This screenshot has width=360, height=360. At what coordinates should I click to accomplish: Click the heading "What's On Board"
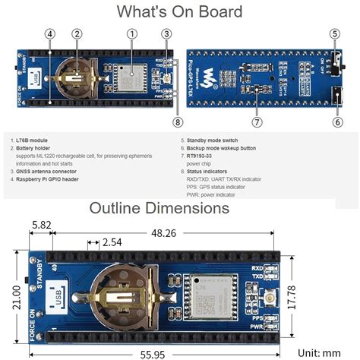[x=179, y=11]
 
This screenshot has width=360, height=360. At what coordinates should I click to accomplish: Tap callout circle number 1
[x=132, y=33]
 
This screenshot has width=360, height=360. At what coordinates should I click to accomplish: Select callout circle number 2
[x=77, y=33]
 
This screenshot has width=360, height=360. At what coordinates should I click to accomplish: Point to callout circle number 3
[x=166, y=33]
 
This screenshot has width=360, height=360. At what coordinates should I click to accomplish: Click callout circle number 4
[x=49, y=33]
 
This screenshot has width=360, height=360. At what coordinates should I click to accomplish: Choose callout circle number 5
[x=335, y=33]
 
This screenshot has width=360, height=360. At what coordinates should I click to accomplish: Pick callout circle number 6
[x=335, y=121]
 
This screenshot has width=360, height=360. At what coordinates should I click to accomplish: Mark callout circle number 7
[x=257, y=121]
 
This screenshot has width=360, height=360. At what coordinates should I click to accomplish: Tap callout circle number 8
[x=177, y=121]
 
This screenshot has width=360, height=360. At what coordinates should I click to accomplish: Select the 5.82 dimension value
[x=41, y=224]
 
